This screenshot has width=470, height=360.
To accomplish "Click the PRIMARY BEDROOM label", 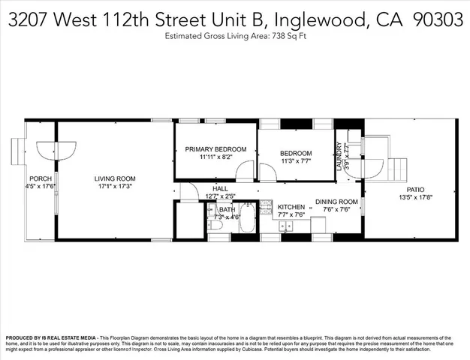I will pos(216,149).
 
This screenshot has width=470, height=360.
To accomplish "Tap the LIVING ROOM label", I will pos(115,178).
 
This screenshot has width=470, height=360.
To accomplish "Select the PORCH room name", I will pos(40,178).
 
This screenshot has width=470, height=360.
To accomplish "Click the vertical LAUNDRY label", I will pos(339,156).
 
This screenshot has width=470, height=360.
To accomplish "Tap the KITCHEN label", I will pos(291,206).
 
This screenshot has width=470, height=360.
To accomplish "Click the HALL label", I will pos(220,189).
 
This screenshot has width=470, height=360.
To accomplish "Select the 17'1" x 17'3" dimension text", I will pos(115,187).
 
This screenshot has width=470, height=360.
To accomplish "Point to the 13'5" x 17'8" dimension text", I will pos(415,199).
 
